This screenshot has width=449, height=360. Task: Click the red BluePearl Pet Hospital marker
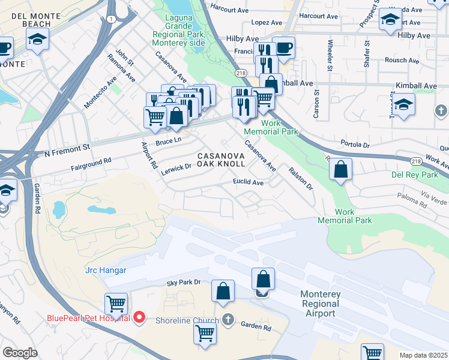click(x=139, y=317)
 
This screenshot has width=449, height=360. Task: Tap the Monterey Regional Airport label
click(x=320, y=304)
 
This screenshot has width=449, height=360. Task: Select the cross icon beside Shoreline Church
click(x=228, y=319)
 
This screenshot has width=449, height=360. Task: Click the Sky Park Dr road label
click(x=183, y=281)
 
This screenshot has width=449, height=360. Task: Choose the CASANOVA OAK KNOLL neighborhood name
click(x=221, y=159)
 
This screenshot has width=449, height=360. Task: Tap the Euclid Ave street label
click(x=248, y=182)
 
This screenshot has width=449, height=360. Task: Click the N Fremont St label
click(x=67, y=154)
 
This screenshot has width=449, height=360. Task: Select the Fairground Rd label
click(x=91, y=161)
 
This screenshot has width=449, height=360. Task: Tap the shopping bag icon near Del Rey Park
click(x=340, y=170)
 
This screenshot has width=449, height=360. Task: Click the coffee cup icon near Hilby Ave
click(x=283, y=47)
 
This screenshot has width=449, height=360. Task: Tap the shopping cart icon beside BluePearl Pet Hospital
click(x=116, y=303)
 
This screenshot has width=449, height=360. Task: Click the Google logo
click(x=20, y=353)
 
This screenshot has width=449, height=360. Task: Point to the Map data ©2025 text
click(x=423, y=355)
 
